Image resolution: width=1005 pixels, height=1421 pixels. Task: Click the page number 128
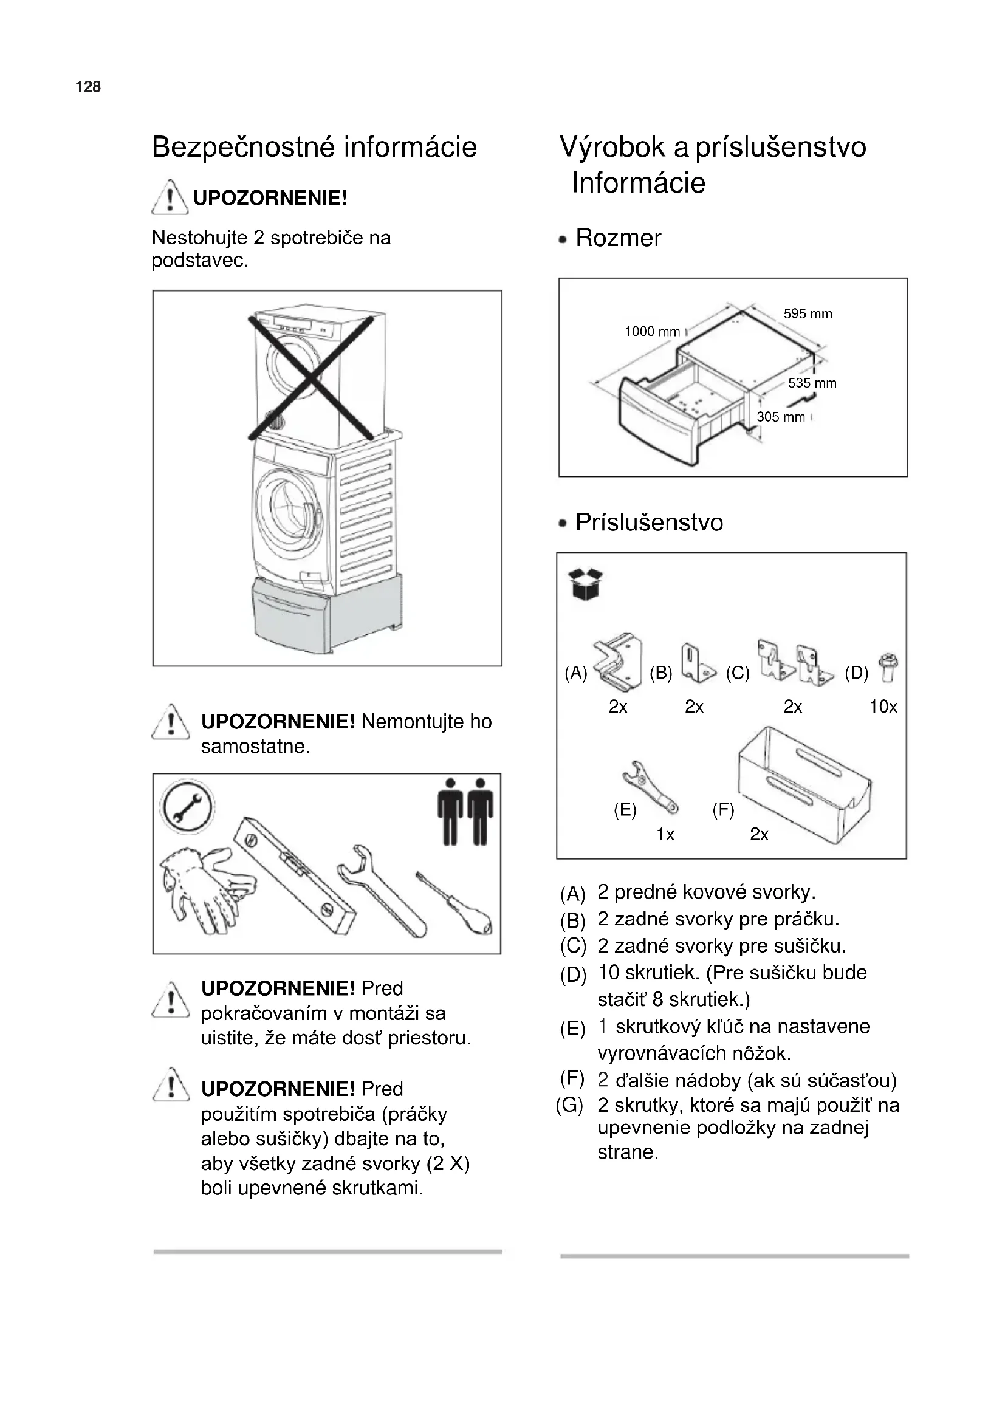click(88, 87)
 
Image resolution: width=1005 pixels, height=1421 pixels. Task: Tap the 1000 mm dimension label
click(652, 332)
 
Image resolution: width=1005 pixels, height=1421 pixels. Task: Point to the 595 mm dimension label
click(808, 313)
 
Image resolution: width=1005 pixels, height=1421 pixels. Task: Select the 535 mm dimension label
click(812, 383)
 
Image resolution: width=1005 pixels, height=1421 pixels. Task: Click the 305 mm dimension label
click(781, 417)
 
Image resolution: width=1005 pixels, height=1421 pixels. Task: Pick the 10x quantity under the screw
click(883, 707)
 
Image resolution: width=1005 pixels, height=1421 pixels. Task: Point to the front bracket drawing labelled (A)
click(617, 662)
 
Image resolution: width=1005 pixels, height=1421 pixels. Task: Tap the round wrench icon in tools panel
click(187, 807)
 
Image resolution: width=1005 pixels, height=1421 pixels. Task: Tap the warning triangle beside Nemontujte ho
click(170, 723)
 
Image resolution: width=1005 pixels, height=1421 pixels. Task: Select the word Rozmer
click(618, 238)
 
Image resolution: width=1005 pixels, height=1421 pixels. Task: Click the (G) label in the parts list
click(569, 1104)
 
